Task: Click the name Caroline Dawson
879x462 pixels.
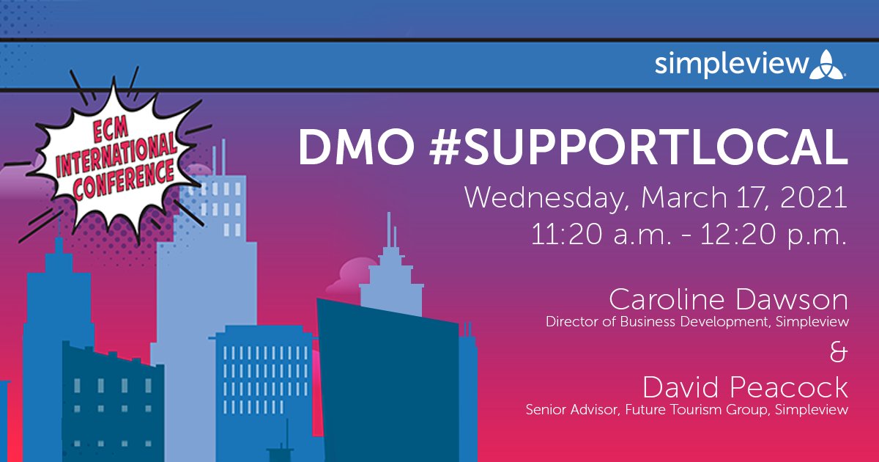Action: pos(728,300)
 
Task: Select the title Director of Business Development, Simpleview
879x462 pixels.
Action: pos(697,321)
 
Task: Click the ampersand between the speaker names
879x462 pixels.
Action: pos(839,353)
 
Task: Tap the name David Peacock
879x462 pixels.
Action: pos(746,386)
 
